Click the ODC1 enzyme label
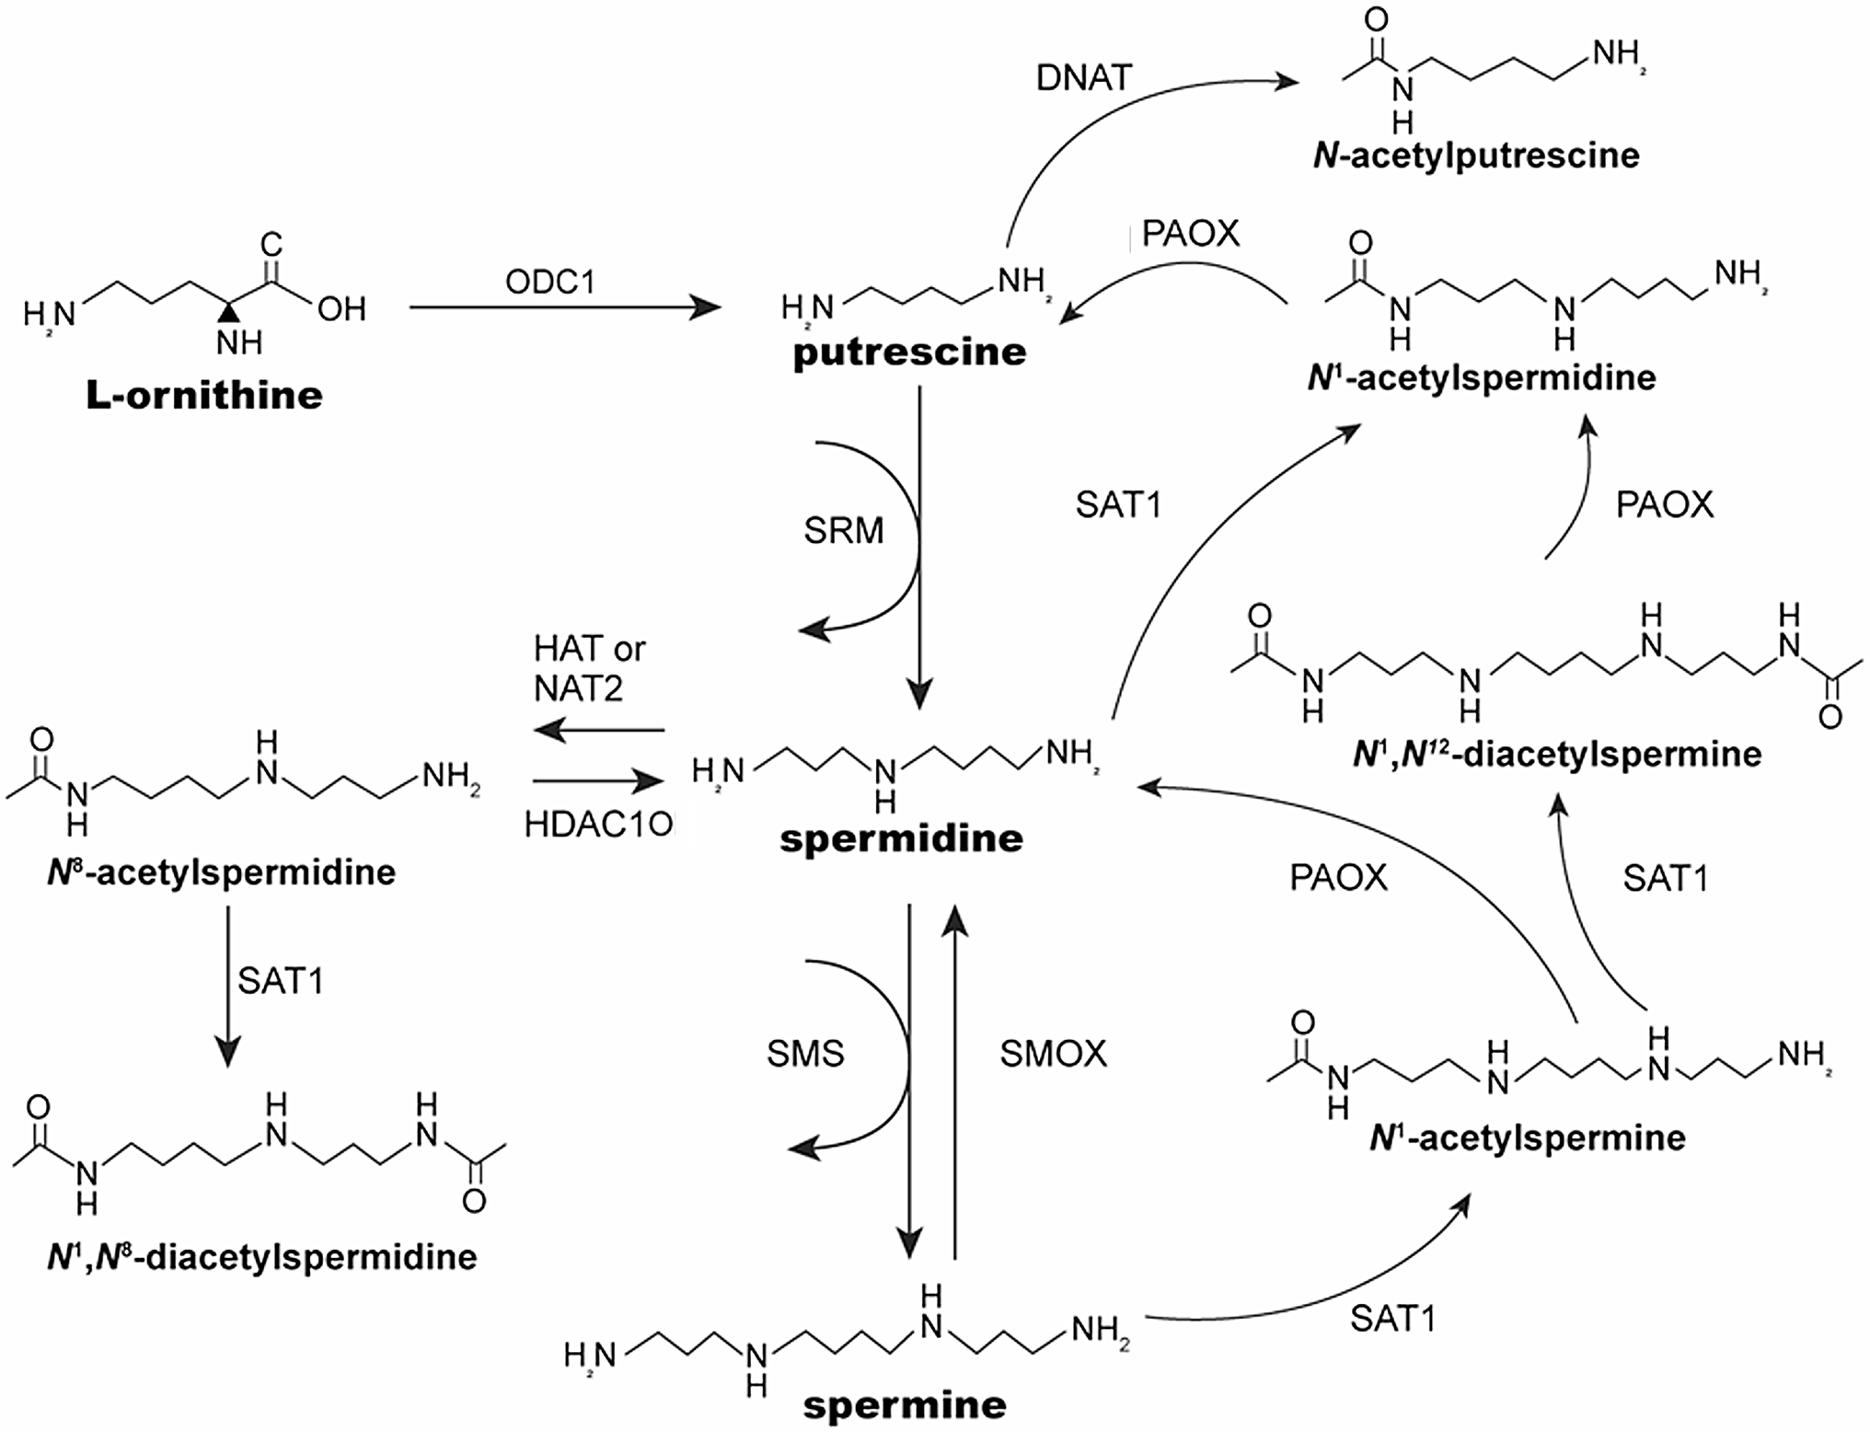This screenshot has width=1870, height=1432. (x=550, y=282)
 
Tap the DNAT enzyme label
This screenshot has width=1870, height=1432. (x=1083, y=78)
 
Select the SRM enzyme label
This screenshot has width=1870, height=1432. (x=843, y=531)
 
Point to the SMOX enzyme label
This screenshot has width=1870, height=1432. (x=1053, y=1054)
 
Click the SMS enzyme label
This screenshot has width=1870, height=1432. (x=805, y=1054)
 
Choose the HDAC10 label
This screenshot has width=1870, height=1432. (x=599, y=825)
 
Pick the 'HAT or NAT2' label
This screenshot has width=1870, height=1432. (x=589, y=668)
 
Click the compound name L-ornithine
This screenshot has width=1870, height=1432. (x=204, y=396)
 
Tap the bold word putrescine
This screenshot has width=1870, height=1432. (x=909, y=352)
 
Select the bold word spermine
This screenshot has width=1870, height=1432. (x=905, y=1405)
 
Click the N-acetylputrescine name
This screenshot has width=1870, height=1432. (x=1476, y=156)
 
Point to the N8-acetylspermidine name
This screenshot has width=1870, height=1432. (x=222, y=872)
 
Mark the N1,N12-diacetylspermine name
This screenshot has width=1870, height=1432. (x=1557, y=755)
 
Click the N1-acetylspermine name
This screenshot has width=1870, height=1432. (x=1528, y=1138)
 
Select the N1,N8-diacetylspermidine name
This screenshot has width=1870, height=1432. (x=262, y=1257)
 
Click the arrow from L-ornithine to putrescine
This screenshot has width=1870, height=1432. (x=563, y=307)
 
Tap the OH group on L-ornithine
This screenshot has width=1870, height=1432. (x=341, y=309)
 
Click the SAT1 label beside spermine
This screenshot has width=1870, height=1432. (x=1392, y=1320)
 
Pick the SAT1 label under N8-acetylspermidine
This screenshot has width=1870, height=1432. (x=281, y=982)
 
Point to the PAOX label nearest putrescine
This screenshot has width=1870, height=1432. (x=1190, y=234)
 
